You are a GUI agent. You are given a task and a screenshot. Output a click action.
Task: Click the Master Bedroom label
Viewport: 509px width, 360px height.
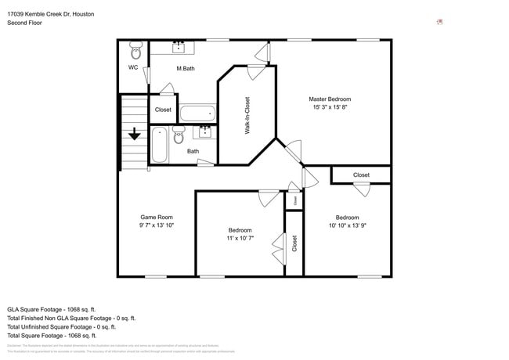pyautogui.click(x=329, y=99)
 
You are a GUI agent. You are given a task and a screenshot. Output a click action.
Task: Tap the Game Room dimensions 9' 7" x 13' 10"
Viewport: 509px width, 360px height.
pyautogui.click(x=157, y=225)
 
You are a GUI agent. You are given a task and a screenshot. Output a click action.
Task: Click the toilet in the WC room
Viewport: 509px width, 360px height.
pyautogui.click(x=135, y=52)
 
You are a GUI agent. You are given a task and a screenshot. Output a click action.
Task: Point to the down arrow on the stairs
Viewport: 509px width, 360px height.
pyautogui.click(x=135, y=135)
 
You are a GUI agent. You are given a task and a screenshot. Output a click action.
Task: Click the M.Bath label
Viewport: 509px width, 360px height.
pyautogui.click(x=185, y=69)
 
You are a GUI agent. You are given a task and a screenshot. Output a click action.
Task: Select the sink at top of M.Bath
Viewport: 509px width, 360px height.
pyautogui.click(x=179, y=46)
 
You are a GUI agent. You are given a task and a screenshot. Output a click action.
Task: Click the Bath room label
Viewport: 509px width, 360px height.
pyautogui.click(x=193, y=151)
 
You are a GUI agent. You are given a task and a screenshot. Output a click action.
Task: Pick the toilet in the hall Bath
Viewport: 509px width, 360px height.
pyautogui.click(x=178, y=138)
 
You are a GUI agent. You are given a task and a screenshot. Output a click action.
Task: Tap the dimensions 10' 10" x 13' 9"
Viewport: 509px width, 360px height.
pyautogui.click(x=347, y=225)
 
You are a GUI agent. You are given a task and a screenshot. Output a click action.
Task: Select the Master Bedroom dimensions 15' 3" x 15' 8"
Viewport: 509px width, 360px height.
pyautogui.click(x=329, y=108)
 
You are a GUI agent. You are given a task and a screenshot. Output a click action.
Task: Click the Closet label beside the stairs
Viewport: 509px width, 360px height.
pyautogui.click(x=163, y=110)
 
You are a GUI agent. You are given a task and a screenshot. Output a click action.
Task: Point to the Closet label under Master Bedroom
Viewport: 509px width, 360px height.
pyautogui.click(x=361, y=175)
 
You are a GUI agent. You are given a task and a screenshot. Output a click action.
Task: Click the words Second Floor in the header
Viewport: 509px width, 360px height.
pyautogui.click(x=25, y=23)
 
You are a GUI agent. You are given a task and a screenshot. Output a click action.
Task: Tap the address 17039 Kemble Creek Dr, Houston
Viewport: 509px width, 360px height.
pyautogui.click(x=51, y=13)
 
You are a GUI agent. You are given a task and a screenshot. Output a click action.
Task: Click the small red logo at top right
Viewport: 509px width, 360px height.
pyautogui.click(x=439, y=22)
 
